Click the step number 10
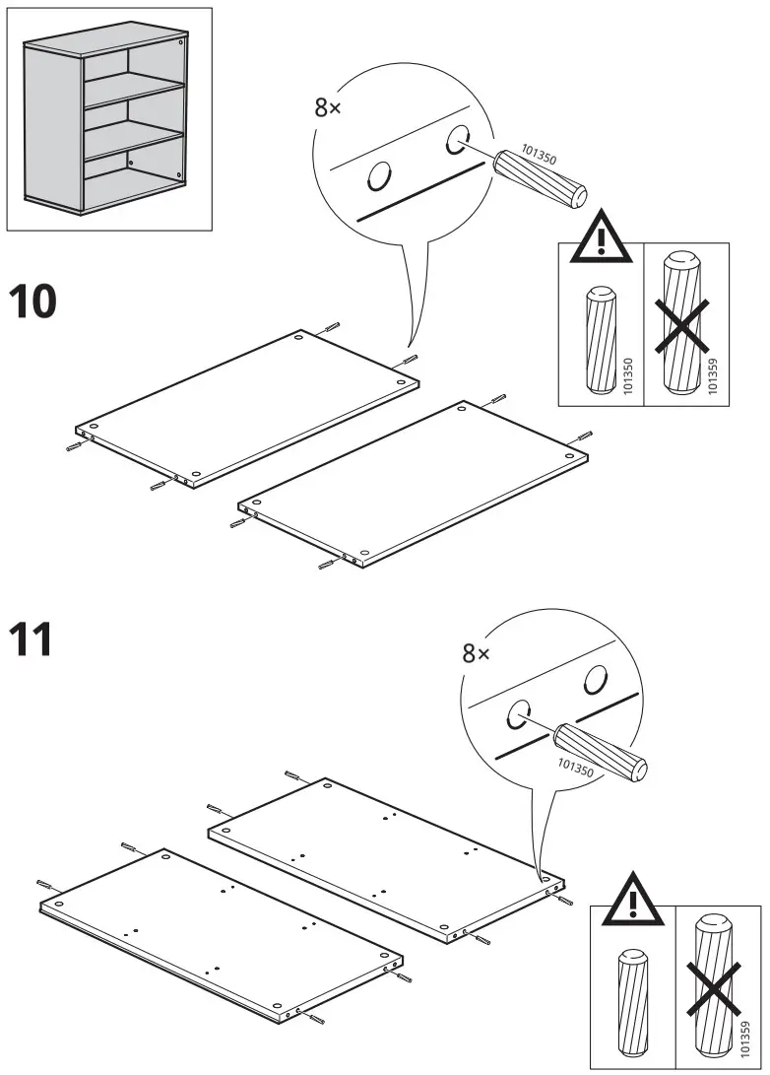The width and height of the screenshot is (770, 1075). (32, 302)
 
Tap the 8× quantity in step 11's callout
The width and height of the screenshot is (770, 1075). (476, 652)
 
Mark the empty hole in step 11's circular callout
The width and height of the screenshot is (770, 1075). (594, 678)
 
